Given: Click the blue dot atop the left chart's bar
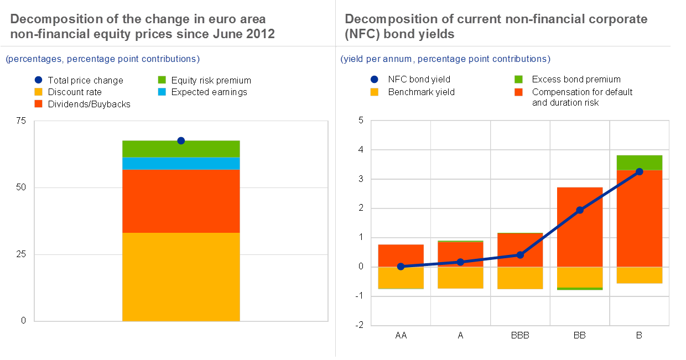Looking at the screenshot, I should click(181, 140).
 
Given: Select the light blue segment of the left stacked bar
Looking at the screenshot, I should click(181, 164).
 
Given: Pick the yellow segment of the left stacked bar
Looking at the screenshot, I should click(181, 276).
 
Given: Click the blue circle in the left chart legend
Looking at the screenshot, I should click(38, 80).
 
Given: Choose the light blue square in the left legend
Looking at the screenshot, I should click(162, 92).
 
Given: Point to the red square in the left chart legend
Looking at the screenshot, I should click(38, 103).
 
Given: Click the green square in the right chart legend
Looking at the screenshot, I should click(518, 80).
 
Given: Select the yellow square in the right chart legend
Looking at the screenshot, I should click(375, 92).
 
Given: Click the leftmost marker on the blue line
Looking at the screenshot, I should click(401, 267).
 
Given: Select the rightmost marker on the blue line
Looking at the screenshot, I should click(640, 171).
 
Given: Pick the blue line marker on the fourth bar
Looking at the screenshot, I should click(580, 210).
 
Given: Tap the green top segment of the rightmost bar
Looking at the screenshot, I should click(640, 162).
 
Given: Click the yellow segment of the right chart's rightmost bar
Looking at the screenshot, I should click(640, 275).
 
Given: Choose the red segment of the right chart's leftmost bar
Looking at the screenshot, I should click(401, 255).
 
